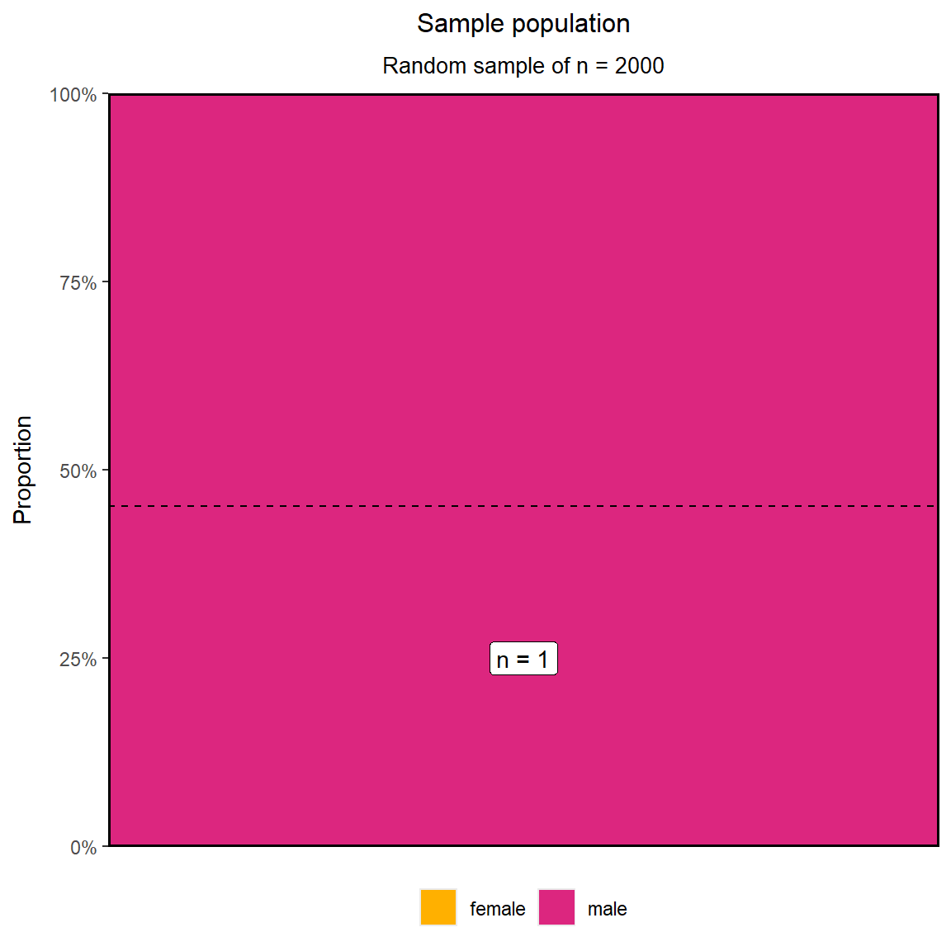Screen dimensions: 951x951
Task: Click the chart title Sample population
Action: (x=523, y=24)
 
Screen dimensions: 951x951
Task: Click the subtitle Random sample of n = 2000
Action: (x=523, y=65)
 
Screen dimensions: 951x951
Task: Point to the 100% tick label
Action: (x=73, y=95)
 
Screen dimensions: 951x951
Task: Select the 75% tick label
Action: (x=78, y=282)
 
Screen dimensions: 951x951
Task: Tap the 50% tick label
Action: (x=78, y=471)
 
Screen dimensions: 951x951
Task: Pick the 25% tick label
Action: (x=78, y=659)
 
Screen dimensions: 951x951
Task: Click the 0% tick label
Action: (x=83, y=847)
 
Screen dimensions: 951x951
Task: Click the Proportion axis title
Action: (x=22, y=470)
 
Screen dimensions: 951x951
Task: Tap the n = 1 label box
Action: (x=523, y=659)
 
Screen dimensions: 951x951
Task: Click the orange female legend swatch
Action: (x=438, y=907)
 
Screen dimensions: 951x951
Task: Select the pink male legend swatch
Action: (x=556, y=907)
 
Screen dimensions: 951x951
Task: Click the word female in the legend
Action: (x=497, y=909)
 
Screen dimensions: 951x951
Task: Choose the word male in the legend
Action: (x=607, y=909)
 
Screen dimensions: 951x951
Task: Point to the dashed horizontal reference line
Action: (x=523, y=506)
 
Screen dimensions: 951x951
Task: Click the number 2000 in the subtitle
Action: (x=639, y=65)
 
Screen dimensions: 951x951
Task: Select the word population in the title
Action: (x=570, y=25)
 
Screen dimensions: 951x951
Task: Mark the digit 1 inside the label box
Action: (x=543, y=660)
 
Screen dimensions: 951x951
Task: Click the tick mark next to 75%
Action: (x=106, y=282)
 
